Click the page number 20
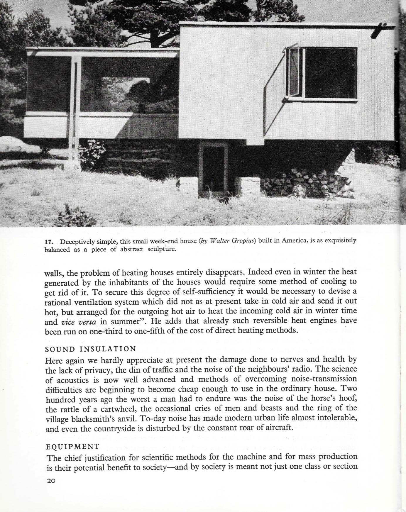51,481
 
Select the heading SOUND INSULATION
91,349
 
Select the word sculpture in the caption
161,250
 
